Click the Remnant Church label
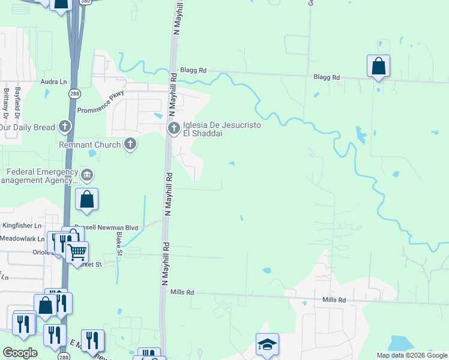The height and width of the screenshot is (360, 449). [90, 145]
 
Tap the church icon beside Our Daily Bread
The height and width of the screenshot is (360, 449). [65, 127]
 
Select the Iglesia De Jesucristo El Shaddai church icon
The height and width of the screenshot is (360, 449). [173, 128]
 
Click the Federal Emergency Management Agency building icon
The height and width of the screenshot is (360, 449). [87, 175]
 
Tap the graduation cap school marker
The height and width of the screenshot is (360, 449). [267, 344]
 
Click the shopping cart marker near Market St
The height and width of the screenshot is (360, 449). [77, 253]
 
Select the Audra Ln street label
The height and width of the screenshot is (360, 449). [54, 82]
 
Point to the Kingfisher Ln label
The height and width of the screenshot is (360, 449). [22, 226]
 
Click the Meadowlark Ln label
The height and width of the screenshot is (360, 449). [23, 238]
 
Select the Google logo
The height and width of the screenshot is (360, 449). [20, 353]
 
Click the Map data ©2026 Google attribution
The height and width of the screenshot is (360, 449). [412, 355]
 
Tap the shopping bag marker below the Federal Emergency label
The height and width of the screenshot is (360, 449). [87, 200]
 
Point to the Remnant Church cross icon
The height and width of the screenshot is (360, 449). [130, 144]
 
